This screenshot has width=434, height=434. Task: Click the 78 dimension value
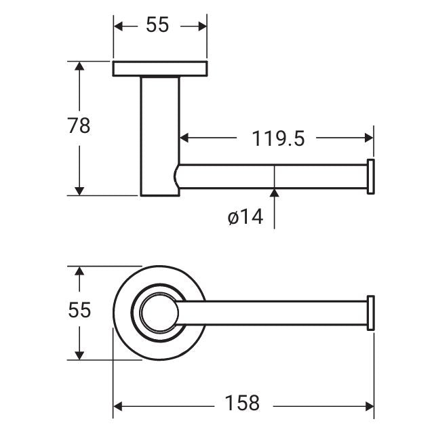[x=79, y=126]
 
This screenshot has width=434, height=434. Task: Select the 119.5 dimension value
[x=279, y=139]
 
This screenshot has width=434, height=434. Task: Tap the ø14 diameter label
[x=245, y=218]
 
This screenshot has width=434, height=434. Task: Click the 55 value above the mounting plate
[x=157, y=25]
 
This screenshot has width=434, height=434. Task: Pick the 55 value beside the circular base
[x=79, y=310]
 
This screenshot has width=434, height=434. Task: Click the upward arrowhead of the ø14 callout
[x=275, y=195]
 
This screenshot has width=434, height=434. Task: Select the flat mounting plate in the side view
[x=160, y=68]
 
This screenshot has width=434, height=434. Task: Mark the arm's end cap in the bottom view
[x=371, y=313]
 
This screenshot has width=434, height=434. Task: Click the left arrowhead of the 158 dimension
[x=118, y=406]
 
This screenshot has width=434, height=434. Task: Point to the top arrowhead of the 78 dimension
[x=80, y=66]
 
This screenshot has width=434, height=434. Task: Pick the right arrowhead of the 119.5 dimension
[x=369, y=138]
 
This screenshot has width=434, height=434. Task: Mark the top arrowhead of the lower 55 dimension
[x=80, y=271]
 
